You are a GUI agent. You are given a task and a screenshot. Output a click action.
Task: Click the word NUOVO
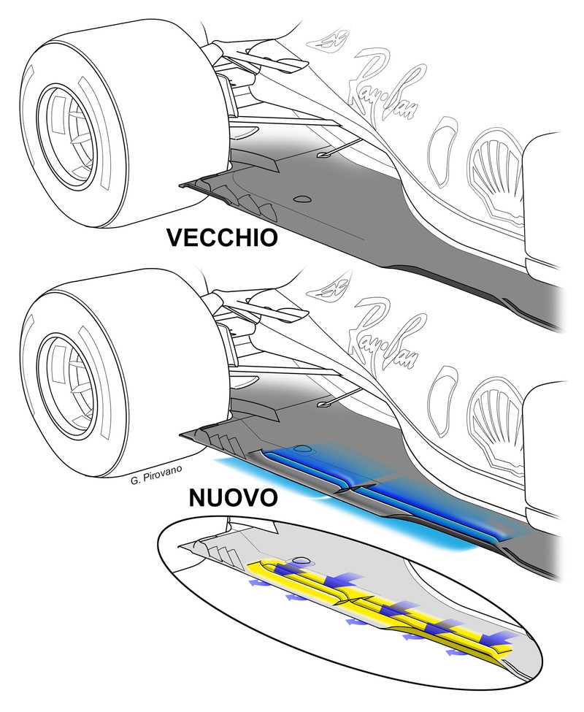click(x=232, y=499)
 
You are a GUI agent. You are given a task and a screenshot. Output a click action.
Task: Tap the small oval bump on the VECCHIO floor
click(x=301, y=199)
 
